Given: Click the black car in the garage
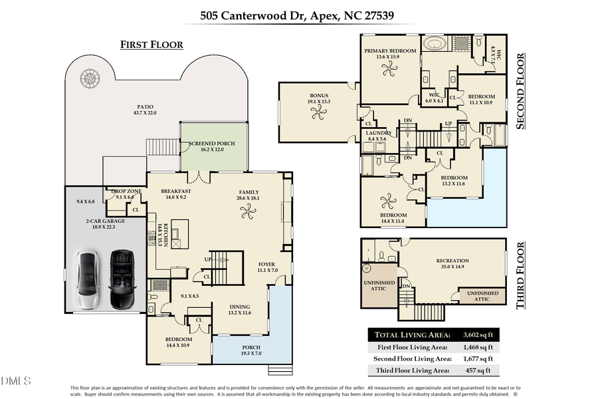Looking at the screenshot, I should tap(122, 279).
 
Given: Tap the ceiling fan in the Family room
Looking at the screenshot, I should tap(248, 212).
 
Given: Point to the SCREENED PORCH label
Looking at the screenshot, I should tap(211, 144).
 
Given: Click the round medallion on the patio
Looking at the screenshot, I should tap(90, 78).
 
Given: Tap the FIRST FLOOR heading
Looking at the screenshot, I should tap(151, 45).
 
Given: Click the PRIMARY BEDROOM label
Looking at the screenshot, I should tap(390, 51).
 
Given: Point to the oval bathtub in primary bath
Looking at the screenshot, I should tap(436, 45).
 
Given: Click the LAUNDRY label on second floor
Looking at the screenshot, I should tap(379, 133).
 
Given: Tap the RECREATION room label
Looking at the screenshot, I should tap(452, 261).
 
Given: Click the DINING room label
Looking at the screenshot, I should tap(240, 307).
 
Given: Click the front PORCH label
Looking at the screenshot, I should tap(251, 348).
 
